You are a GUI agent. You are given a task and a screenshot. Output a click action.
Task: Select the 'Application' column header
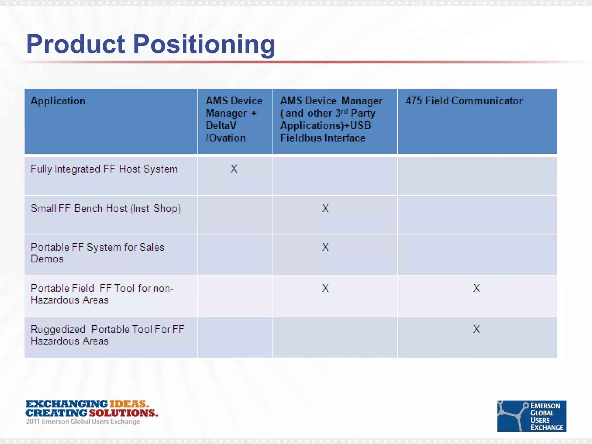click(x=58, y=101)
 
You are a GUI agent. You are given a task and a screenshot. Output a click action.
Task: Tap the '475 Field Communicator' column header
click(x=464, y=101)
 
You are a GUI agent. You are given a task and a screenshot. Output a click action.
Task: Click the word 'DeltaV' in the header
click(x=221, y=125)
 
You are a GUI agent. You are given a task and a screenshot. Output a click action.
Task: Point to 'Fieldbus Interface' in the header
click(x=323, y=138)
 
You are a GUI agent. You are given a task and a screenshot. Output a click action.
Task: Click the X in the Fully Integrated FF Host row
click(x=234, y=169)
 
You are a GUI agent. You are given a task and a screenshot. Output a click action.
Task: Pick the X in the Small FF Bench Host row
click(x=325, y=208)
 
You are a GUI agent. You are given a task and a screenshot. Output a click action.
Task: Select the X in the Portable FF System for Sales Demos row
click(x=325, y=247)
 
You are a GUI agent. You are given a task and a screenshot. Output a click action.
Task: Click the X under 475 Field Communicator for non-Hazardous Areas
click(x=476, y=288)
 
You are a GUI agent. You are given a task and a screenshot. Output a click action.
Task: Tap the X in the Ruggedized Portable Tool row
click(x=476, y=329)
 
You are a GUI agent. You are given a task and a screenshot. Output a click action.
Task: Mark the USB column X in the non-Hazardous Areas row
click(x=325, y=288)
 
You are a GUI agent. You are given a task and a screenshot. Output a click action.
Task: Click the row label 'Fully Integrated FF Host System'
click(x=104, y=169)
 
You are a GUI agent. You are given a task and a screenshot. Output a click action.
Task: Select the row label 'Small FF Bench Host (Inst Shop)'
click(x=106, y=208)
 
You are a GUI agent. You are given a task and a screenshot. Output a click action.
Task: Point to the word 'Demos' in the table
click(x=47, y=259)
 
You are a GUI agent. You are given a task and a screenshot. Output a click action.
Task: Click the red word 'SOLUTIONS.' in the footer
click(x=123, y=413)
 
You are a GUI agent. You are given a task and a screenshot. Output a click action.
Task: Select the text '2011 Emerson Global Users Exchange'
click(x=83, y=421)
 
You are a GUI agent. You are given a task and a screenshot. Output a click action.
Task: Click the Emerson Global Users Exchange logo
click(x=531, y=416)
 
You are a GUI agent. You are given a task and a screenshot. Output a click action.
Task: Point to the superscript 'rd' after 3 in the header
click(x=345, y=111)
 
